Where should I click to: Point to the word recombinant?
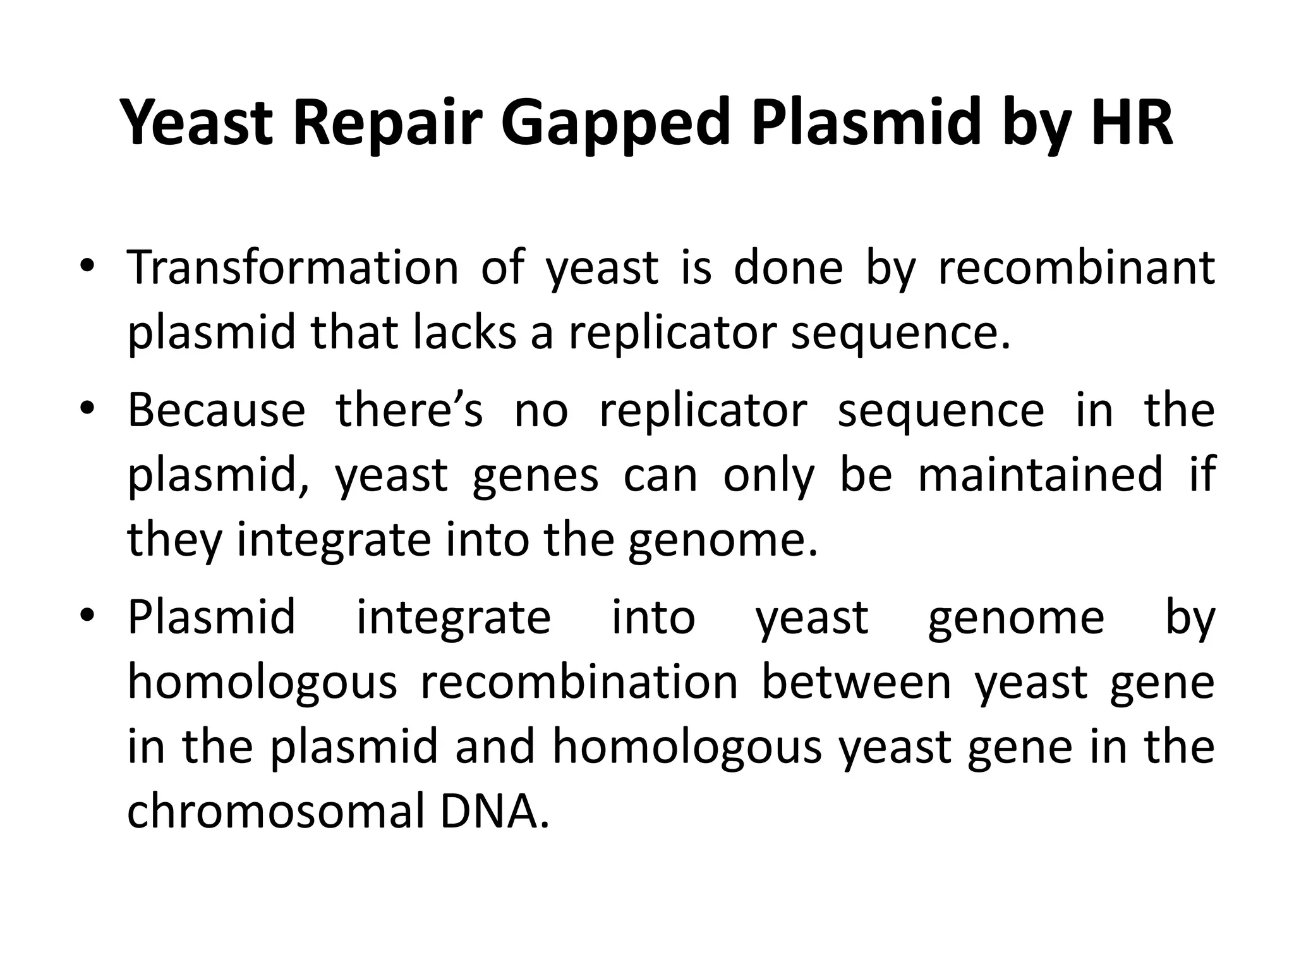[x=1076, y=267]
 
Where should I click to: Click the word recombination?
[x=579, y=683]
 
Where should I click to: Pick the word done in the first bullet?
[x=788, y=267]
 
